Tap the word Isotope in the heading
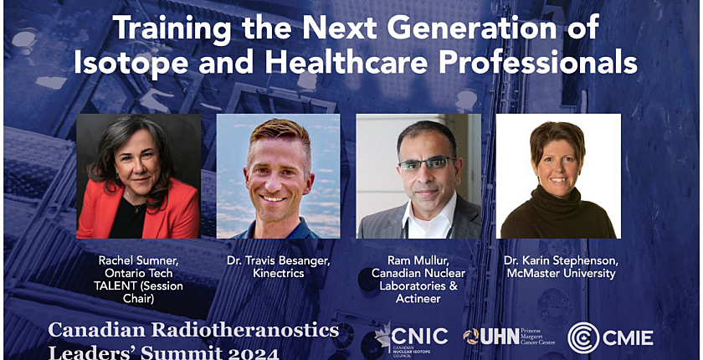(131, 63)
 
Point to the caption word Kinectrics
(278, 273)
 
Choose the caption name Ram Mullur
(418, 260)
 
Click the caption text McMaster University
(561, 273)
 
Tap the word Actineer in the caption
(418, 298)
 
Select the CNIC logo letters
(419, 337)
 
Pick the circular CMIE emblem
(582, 337)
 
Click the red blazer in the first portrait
(177, 208)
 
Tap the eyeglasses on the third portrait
(426, 164)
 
